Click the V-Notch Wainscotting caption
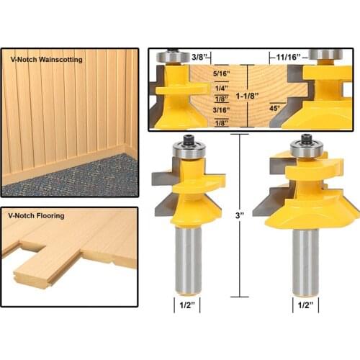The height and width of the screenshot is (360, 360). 45,60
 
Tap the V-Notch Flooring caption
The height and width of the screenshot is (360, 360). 36,215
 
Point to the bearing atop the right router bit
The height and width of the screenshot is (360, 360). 303,148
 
